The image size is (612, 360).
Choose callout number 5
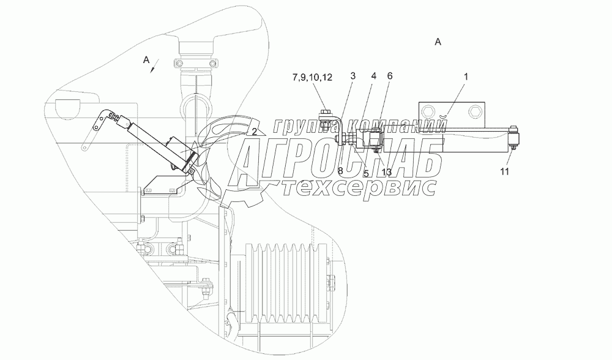point(365,173)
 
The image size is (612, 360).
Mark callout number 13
point(386,173)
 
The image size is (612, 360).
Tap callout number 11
point(504,171)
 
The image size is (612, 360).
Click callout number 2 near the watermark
point(252,130)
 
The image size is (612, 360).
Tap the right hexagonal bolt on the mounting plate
point(475,113)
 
